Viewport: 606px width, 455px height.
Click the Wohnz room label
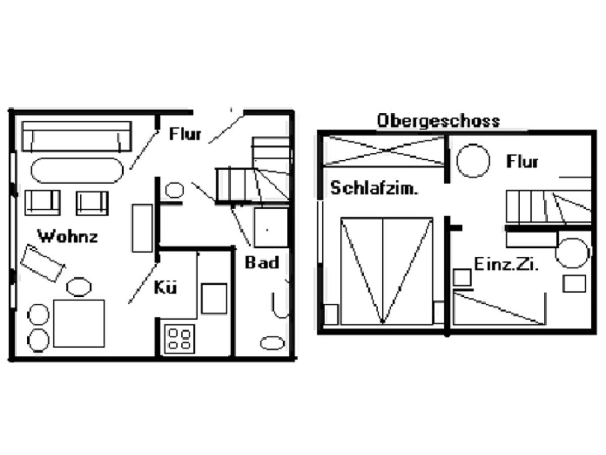coord(68,236)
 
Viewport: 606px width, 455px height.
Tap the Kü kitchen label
coord(165,288)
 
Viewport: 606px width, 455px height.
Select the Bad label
coord(262,263)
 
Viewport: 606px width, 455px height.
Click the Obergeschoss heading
coord(438,121)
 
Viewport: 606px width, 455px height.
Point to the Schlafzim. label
coord(374,188)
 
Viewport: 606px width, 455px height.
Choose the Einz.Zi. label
coord(506,264)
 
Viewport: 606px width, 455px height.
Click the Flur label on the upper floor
coord(522,162)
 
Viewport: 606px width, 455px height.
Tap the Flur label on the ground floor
coord(185,134)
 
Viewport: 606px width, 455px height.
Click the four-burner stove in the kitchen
coord(180,338)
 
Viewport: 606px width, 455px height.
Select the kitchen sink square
coord(214,299)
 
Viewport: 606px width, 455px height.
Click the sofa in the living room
coord(76,136)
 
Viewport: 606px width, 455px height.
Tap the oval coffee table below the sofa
coord(77,170)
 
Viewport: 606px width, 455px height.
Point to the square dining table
coord(79,324)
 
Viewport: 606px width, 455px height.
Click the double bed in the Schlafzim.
coord(386,271)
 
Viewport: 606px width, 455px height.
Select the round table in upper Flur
coord(473,161)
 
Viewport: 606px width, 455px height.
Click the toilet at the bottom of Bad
coord(272,343)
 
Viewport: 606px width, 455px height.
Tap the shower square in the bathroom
coord(271,227)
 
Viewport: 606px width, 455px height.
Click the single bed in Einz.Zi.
coord(499,308)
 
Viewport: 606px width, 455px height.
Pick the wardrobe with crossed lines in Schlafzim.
coord(383,151)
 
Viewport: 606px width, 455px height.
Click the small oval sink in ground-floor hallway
coord(174,190)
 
